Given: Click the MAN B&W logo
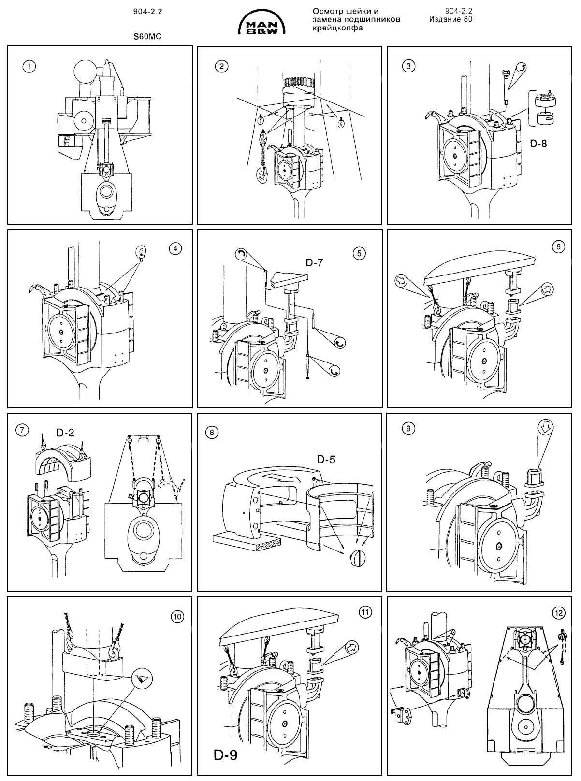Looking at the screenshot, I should [x=263, y=23].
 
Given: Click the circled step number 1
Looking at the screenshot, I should [x=30, y=67].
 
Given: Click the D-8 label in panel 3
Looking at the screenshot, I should [x=537, y=143].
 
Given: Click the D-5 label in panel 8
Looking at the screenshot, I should [x=326, y=459].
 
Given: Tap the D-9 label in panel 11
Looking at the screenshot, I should [x=225, y=754].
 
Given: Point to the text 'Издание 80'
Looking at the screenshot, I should [x=450, y=19].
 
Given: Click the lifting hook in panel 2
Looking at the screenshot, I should [x=261, y=173].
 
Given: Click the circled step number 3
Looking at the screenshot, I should [x=409, y=67].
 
